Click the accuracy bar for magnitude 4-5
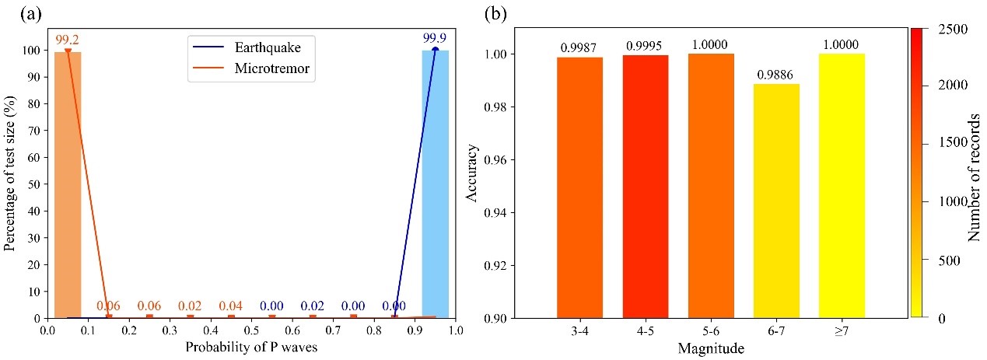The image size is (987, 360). click(x=646, y=187)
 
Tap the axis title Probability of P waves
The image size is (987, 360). click(x=250, y=346)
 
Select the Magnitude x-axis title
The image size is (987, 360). click(x=710, y=348)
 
